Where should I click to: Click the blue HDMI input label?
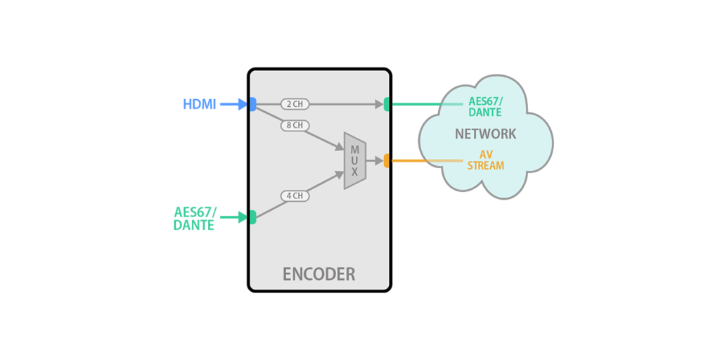click(199, 105)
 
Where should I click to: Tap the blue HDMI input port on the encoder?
click(252, 104)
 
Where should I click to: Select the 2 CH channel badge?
click(295, 104)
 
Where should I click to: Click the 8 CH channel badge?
click(295, 126)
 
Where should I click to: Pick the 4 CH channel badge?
click(295, 196)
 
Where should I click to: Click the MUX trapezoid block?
click(355, 160)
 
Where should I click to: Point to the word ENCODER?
click(319, 274)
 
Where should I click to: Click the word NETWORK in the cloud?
click(485, 134)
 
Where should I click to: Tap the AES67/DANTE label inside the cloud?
click(486, 107)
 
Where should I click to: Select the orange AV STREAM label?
click(486, 160)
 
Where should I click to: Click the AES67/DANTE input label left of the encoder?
click(194, 219)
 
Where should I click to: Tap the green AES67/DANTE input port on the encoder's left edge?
click(252, 217)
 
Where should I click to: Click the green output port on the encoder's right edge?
click(387, 104)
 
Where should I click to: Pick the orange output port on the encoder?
click(387, 160)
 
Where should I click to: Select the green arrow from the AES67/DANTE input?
click(233, 217)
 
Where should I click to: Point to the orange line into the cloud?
click(422, 160)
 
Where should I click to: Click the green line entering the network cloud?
click(422, 104)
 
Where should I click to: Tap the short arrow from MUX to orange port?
click(375, 160)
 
